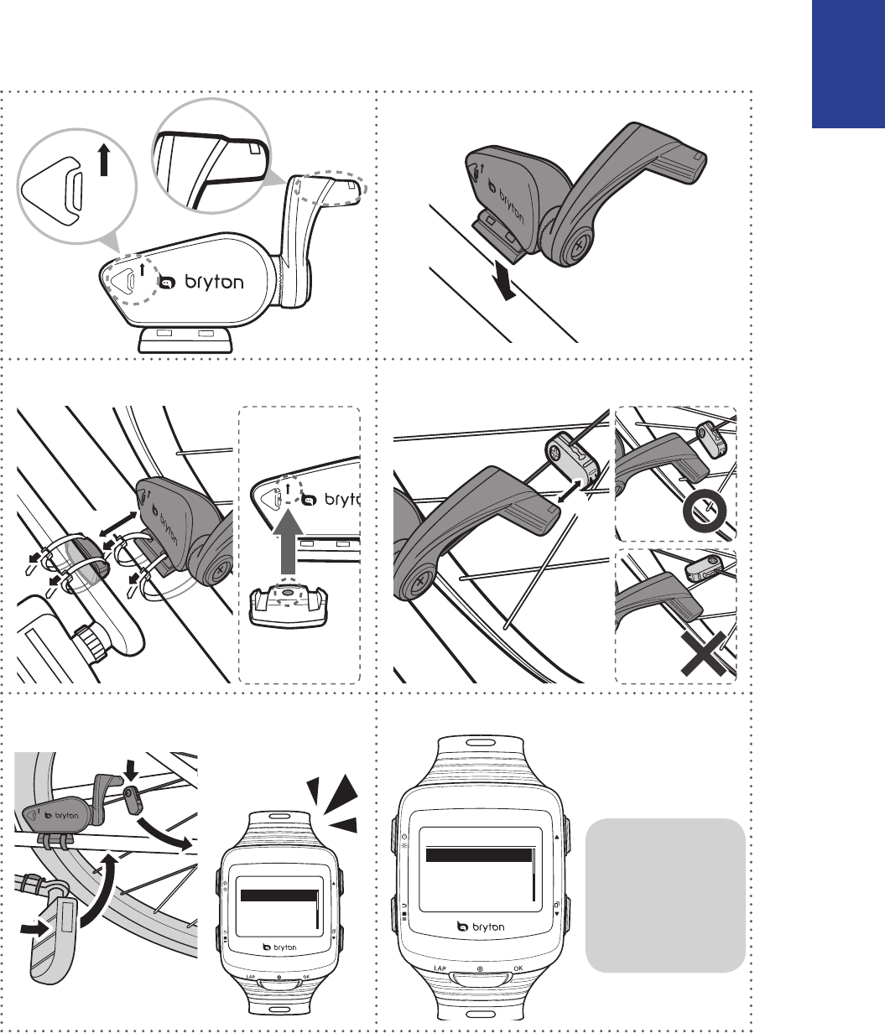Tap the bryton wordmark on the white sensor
pos(206,283)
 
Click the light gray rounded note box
pos(665,894)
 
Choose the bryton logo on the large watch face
pos(479,927)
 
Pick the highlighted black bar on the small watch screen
pos(279,895)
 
